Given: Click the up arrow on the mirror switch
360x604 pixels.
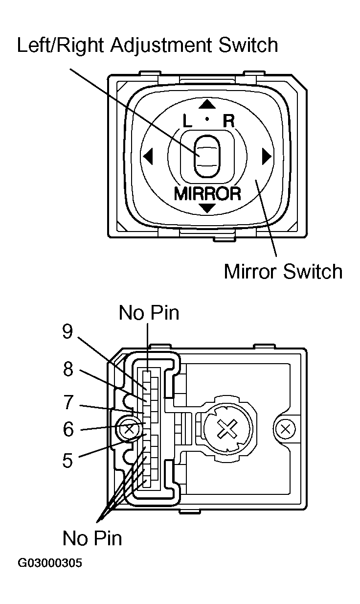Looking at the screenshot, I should (208, 104).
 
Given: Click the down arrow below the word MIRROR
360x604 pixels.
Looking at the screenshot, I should (208, 209).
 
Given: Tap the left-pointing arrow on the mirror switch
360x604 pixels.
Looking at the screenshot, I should (148, 157).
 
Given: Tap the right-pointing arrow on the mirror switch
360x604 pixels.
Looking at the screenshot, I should (267, 157).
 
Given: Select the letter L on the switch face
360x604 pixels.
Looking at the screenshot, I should (188, 121).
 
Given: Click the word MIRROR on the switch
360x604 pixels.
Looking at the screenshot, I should (208, 193).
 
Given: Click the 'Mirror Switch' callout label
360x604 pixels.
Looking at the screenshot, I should (283, 271).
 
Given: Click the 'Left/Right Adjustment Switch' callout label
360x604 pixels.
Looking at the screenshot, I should (147, 46).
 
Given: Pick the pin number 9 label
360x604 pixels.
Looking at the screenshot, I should (67, 332).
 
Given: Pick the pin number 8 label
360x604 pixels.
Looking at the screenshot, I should (67, 370).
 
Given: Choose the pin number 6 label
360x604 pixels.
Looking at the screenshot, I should (67, 430).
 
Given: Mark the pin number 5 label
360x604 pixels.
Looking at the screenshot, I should (67, 460).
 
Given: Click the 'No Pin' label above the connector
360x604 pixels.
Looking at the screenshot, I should (149, 313).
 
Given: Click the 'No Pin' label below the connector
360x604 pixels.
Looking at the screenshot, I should (92, 538).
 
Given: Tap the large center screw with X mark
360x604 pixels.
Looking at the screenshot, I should (226, 430).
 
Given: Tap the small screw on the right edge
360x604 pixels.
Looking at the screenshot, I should (284, 430).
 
